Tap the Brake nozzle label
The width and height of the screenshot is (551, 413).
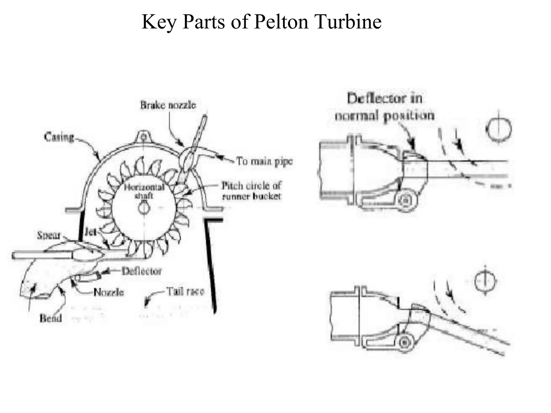click(x=168, y=105)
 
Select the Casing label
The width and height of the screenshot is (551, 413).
click(x=59, y=137)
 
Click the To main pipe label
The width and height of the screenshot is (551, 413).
click(x=264, y=161)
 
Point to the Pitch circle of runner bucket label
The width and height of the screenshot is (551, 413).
click(x=251, y=191)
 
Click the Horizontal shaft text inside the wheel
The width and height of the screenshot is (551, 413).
click(x=144, y=191)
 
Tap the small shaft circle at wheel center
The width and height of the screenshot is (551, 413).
click(x=144, y=208)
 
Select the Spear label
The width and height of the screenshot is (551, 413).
click(x=49, y=235)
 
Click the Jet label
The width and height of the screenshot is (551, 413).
click(x=90, y=232)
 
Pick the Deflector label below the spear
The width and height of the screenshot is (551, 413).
click(x=142, y=271)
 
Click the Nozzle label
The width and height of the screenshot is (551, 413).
click(x=109, y=292)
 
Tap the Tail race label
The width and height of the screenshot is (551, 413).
click(x=185, y=291)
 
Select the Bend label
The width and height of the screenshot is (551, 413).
click(x=51, y=318)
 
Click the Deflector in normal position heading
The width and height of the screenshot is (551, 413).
click(x=385, y=107)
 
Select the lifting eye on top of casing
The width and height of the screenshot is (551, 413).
click(x=144, y=137)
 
